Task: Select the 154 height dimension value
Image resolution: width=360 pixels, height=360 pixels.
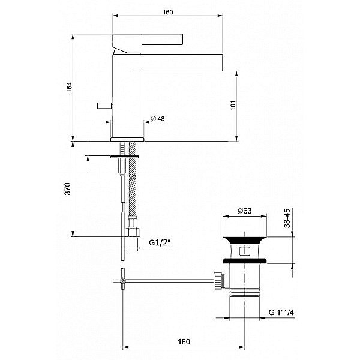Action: coord(68,87)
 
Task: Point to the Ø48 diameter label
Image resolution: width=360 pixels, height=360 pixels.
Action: coord(158,119)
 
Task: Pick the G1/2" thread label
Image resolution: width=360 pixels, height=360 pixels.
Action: coord(160,243)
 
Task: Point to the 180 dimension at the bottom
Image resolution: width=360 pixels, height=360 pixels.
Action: coord(184,341)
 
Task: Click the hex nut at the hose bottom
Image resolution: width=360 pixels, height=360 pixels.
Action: coord(132,233)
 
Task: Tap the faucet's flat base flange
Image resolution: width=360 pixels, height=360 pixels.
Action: coord(128,139)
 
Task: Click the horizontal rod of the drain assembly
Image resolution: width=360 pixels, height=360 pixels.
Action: coord(168,279)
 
